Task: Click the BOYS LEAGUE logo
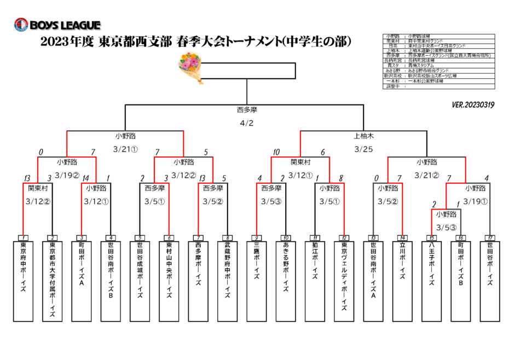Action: tap(57, 25)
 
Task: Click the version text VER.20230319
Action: tap(473, 104)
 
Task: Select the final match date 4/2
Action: tap(247, 123)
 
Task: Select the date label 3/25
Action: tap(363, 148)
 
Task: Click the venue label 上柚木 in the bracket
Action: tap(363, 135)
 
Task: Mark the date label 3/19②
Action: tap(67, 175)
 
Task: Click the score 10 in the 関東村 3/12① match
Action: tap(277, 152)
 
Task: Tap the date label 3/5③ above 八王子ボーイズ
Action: tap(446, 227)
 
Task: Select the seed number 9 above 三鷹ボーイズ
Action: tap(256, 238)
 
